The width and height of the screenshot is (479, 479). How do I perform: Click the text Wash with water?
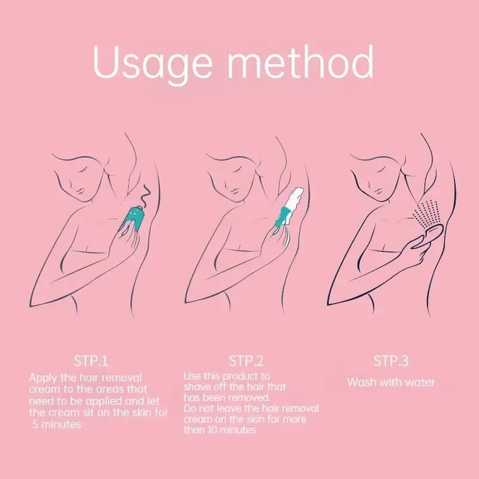(391, 382)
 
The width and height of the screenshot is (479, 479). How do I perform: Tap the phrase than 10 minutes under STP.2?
(220, 430)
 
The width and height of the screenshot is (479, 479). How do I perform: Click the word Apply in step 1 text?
(42, 377)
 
